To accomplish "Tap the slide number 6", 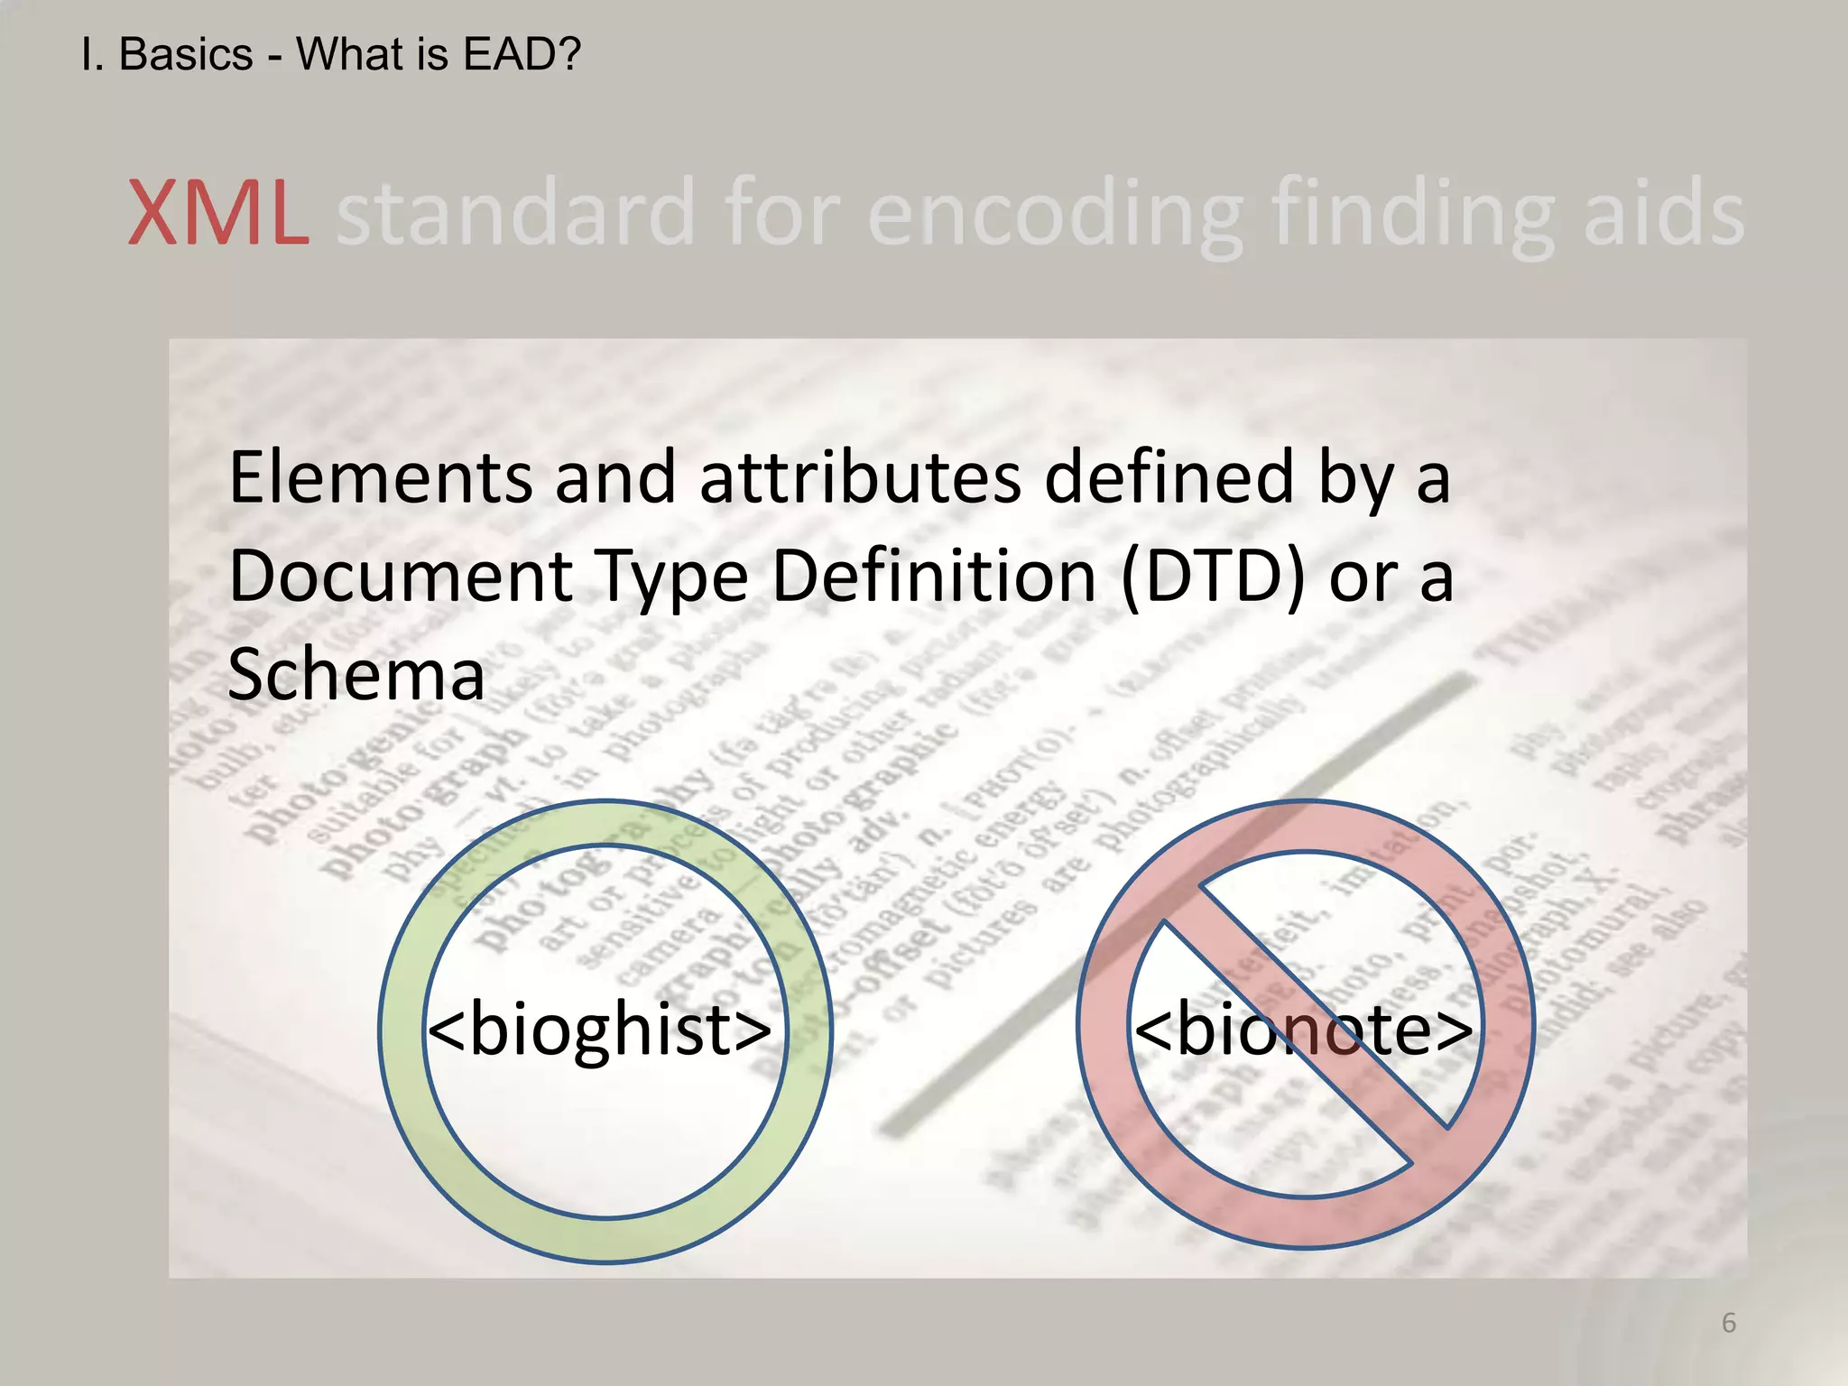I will coord(1728,1323).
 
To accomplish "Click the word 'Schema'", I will coord(356,674).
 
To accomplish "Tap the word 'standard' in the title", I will coord(514,213).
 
